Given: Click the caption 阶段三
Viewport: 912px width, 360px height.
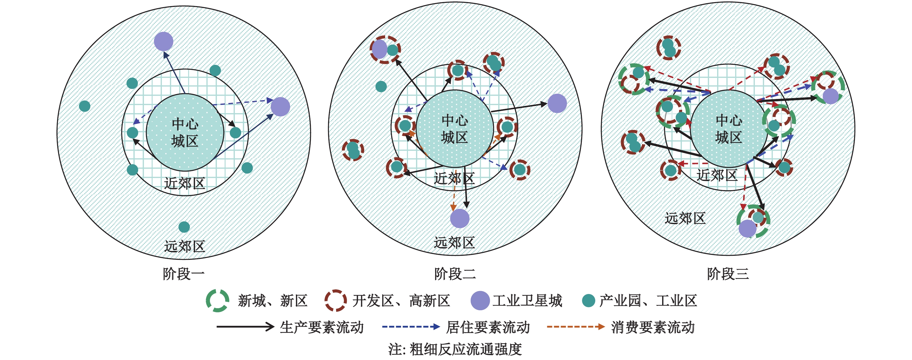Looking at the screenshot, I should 728,274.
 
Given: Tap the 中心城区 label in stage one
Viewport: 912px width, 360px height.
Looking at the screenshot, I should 185,132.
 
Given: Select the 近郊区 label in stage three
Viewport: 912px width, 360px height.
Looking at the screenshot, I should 717,175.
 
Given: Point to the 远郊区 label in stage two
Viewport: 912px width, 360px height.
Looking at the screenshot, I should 454,243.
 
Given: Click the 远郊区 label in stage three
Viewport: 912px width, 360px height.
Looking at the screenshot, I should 685,218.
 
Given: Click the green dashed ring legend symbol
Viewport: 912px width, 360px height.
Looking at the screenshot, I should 217,301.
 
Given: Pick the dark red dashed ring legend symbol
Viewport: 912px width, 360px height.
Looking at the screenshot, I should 335,301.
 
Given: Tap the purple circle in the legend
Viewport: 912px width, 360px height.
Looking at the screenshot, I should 480,301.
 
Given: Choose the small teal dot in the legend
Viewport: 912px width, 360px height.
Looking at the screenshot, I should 588,301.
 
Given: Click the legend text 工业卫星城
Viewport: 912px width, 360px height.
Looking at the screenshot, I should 527,301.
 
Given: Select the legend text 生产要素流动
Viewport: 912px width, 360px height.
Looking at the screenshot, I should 321,327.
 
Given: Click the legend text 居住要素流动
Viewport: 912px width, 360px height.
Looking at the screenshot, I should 488,327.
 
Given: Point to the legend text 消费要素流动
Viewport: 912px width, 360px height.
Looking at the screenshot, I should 653,327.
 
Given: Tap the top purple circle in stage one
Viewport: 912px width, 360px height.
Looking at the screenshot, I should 164,41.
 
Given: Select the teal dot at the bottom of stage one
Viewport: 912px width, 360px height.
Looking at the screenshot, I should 184,227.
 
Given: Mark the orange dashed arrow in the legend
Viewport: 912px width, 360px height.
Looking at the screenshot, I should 575,327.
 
